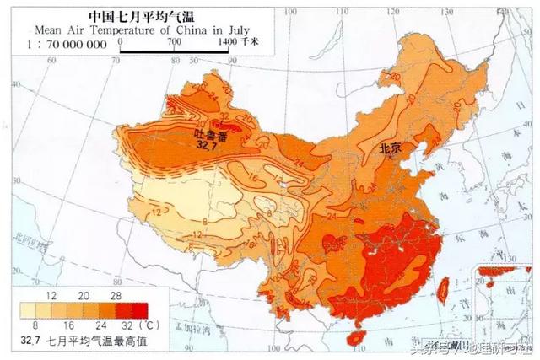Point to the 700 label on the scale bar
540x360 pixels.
[x=175, y=40]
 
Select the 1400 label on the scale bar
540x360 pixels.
[x=226, y=40]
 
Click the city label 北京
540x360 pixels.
[x=391, y=148]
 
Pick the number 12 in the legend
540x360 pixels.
[x=51, y=298]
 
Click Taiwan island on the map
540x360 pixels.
[x=445, y=284]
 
